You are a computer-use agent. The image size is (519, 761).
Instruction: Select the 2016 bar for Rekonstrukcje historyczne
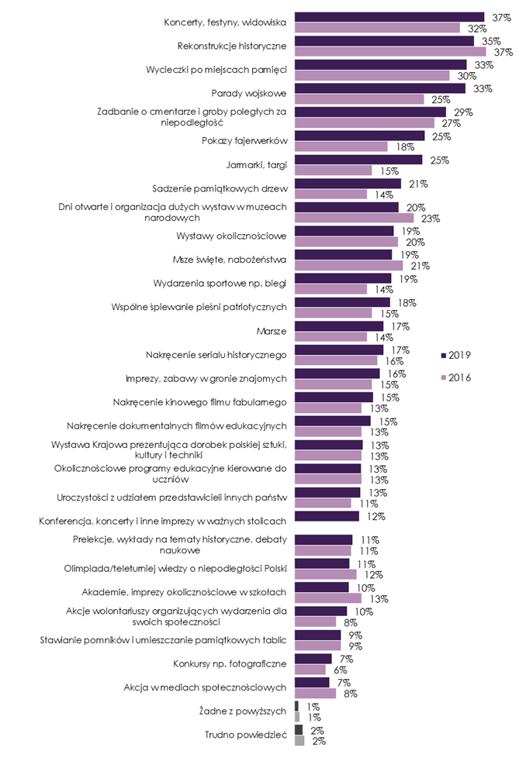pyautogui.click(x=390, y=51)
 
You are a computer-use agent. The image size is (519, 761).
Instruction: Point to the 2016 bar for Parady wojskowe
pyautogui.click(x=360, y=99)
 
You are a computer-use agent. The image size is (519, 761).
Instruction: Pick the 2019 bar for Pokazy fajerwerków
pyautogui.click(x=360, y=136)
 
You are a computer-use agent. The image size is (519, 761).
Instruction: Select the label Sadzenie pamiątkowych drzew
pyautogui.click(x=220, y=188)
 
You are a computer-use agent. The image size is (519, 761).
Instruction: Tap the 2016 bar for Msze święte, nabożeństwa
pyautogui.click(x=344, y=265)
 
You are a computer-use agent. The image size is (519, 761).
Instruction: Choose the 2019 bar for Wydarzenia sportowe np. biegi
pyautogui.click(x=343, y=278)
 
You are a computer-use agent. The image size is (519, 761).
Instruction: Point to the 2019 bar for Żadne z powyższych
pyautogui.click(x=297, y=706)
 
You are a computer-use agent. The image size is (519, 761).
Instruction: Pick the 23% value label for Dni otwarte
pyautogui.click(x=431, y=218)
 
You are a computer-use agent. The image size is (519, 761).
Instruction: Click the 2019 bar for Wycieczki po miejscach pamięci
pyautogui.click(x=381, y=64)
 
